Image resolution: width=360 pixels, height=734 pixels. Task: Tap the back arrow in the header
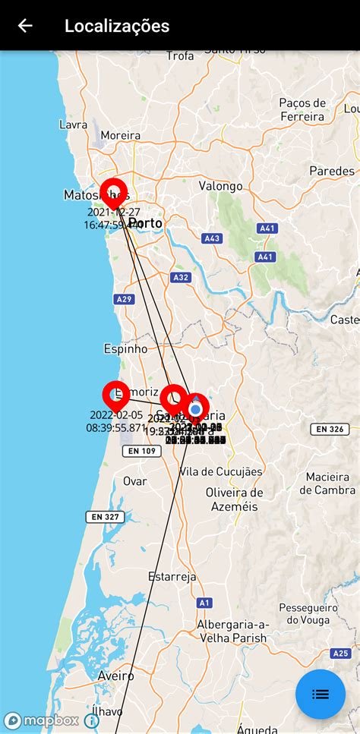[25, 26]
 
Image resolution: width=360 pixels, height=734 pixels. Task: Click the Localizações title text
[117, 26]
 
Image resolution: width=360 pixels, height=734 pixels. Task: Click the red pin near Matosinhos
[113, 191]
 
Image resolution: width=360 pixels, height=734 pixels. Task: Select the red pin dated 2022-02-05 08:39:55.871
[115, 395]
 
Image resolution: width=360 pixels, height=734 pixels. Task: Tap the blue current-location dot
[195, 410]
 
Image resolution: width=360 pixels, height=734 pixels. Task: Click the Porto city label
[146, 222]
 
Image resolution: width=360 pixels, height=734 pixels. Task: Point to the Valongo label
[220, 186]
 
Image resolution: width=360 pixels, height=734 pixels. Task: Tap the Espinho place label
[125, 349]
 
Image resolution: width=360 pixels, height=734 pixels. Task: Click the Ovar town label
[135, 481]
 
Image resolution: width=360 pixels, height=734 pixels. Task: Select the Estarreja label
[172, 577]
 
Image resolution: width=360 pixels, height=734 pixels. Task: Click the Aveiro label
[115, 676]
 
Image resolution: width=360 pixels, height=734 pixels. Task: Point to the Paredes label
[332, 171]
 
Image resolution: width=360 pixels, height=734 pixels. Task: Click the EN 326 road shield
[330, 430]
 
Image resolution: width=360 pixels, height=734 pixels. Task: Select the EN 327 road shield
[106, 517]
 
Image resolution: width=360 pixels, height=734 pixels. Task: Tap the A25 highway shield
[341, 653]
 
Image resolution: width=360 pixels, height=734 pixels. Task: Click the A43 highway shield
[212, 238]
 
